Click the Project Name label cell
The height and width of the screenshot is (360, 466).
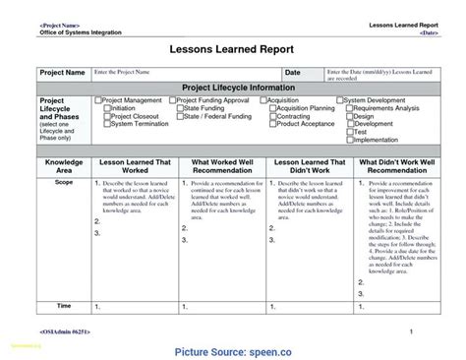click(x=61, y=73)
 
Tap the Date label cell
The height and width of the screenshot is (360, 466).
click(x=293, y=73)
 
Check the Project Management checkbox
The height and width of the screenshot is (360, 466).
click(x=97, y=99)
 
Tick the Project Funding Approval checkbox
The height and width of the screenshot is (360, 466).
click(x=181, y=99)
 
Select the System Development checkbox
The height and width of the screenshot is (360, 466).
click(x=340, y=99)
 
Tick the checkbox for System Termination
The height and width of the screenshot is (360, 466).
click(x=107, y=124)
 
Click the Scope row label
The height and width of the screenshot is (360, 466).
click(x=64, y=182)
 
